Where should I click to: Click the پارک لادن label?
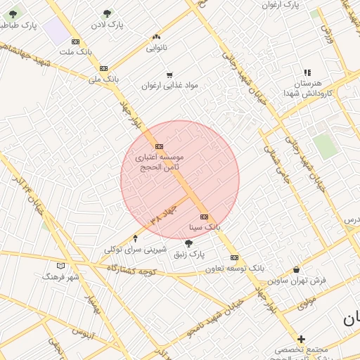(107, 25)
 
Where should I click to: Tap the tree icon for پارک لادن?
(107, 13)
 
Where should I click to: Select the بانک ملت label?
(76, 52)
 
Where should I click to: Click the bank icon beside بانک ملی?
(104, 68)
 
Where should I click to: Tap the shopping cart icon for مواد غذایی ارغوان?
(169, 75)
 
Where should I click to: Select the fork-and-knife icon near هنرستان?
(307, 72)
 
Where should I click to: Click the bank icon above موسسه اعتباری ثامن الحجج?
(159, 146)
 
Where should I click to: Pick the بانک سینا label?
(205, 228)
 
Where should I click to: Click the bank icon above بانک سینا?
(204, 217)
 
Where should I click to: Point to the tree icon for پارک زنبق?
(188, 243)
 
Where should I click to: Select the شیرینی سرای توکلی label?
(135, 249)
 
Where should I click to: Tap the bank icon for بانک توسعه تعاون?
(234, 257)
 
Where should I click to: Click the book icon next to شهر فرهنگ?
(60, 266)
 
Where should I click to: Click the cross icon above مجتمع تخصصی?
(301, 339)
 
